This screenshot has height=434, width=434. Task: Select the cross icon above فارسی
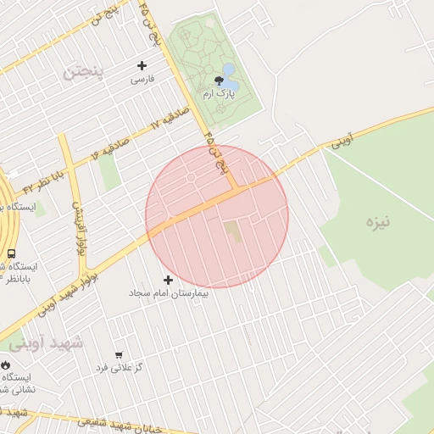point(142,65)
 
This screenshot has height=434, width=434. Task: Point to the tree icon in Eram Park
point(220,81)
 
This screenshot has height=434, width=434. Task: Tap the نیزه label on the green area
point(377,223)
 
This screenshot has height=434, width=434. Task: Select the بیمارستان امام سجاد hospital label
point(168,292)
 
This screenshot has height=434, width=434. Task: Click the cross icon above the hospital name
point(168,280)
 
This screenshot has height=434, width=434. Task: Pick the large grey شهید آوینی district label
point(47,342)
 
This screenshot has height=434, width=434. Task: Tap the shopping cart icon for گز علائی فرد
point(119,355)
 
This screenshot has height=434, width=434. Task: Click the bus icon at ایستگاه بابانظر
point(11,253)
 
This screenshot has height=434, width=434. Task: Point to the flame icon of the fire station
point(7,364)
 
